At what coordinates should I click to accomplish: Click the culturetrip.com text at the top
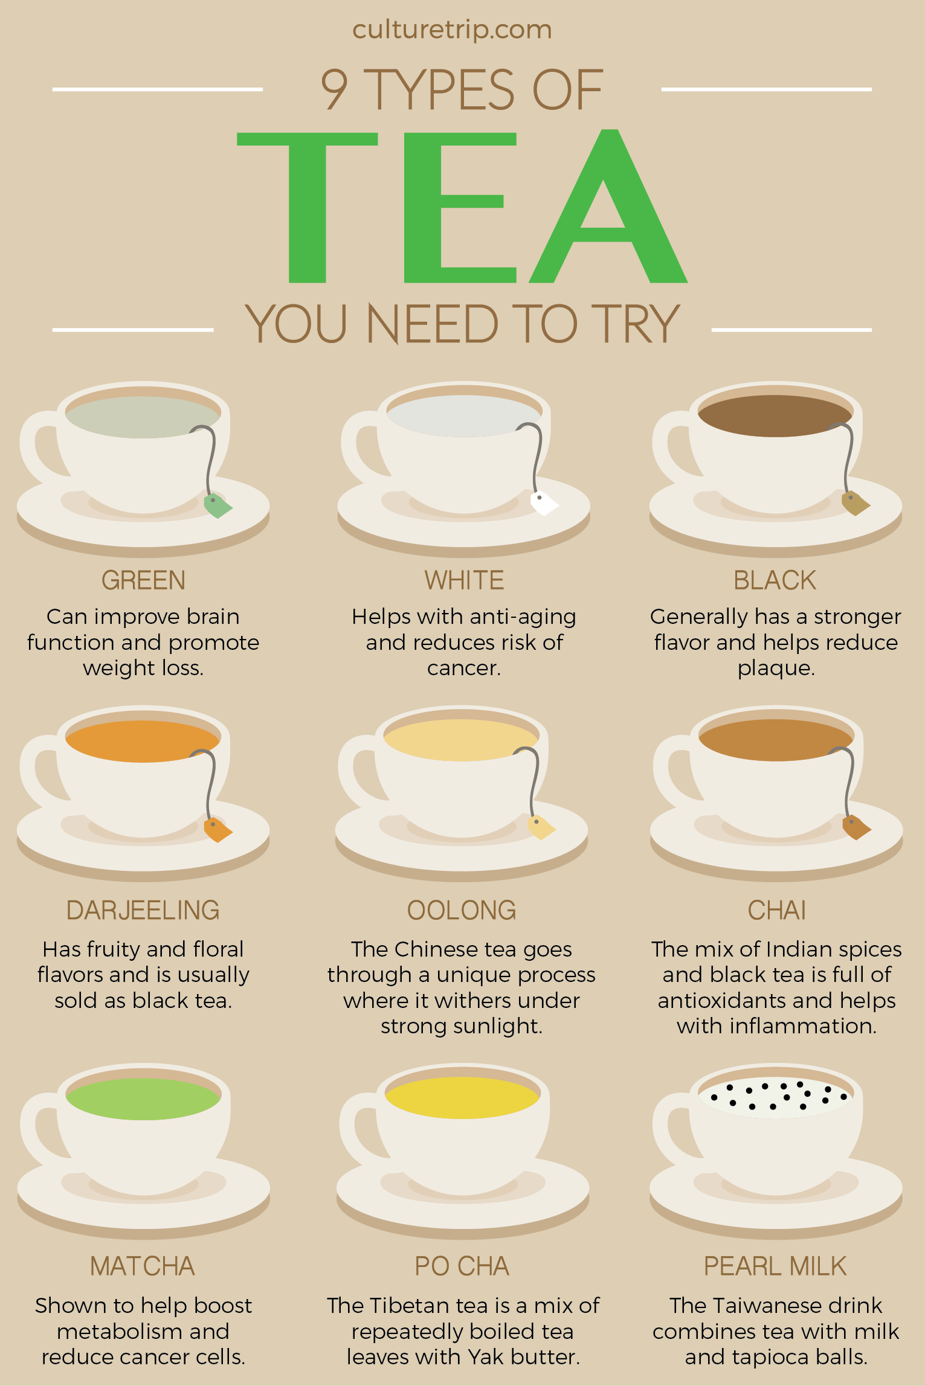(x=452, y=30)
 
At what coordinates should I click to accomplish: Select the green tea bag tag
(x=217, y=505)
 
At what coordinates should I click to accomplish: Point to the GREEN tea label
(x=143, y=580)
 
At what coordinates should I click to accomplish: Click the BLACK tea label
(x=775, y=580)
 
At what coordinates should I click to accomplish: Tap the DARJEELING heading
(x=143, y=910)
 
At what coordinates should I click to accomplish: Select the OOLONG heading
(x=462, y=910)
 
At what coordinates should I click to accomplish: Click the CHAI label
(x=776, y=910)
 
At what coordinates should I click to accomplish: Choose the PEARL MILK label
(x=775, y=1266)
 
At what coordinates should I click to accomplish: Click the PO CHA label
(x=462, y=1266)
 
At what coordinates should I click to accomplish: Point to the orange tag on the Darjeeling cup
(x=217, y=829)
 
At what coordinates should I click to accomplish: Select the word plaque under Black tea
(x=776, y=669)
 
